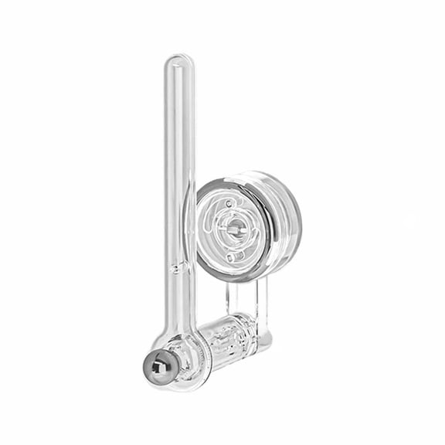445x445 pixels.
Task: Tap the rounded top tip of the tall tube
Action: point(178,60)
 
